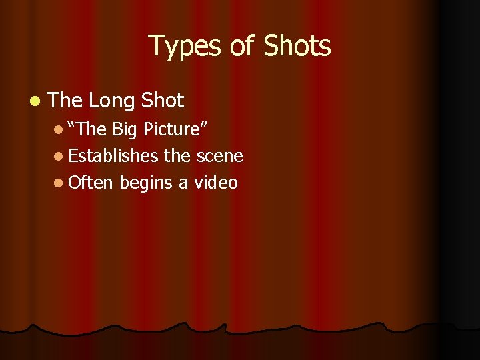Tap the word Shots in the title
(x=297, y=46)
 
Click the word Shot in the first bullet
(x=162, y=101)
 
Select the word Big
(x=125, y=129)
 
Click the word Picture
(x=177, y=129)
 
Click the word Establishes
(x=113, y=156)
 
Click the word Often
(x=91, y=183)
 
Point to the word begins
(x=147, y=183)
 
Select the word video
(x=216, y=183)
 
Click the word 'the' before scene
(x=177, y=156)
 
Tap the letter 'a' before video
(x=184, y=184)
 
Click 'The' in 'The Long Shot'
(x=65, y=101)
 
